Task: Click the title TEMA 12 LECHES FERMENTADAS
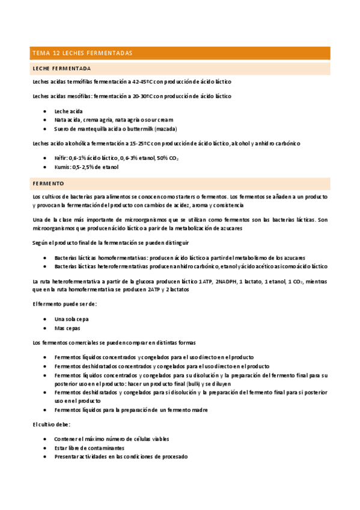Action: (x=82, y=54)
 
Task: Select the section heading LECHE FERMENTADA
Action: (x=62, y=69)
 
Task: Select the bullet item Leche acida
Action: (x=69, y=111)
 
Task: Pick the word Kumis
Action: (x=63, y=167)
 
